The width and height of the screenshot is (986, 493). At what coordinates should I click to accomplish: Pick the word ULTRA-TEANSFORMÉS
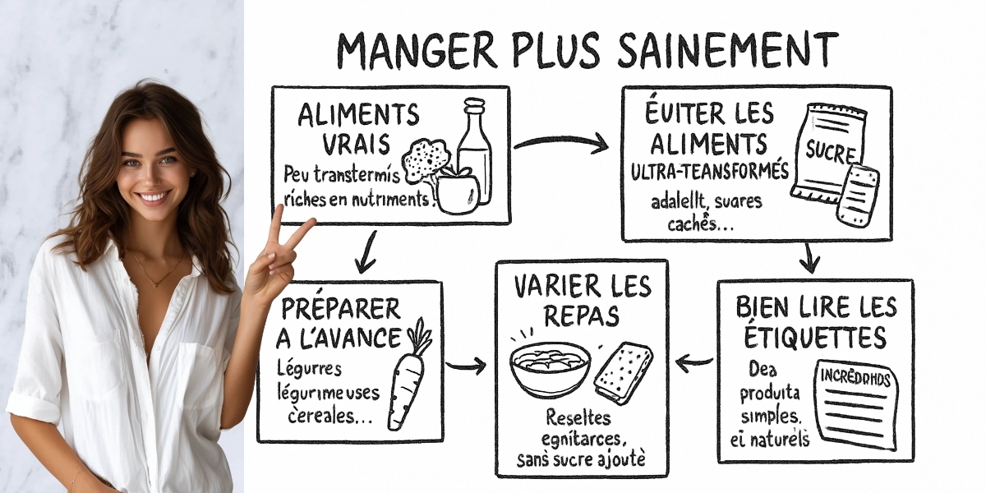coord(710,173)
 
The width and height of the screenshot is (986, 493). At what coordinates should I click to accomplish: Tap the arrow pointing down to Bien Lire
coord(810,258)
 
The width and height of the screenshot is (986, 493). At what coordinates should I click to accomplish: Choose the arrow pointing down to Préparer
coord(367,252)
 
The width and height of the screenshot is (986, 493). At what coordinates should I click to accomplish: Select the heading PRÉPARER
coord(341,309)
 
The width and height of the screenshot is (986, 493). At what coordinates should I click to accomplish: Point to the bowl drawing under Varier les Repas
coord(549,366)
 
